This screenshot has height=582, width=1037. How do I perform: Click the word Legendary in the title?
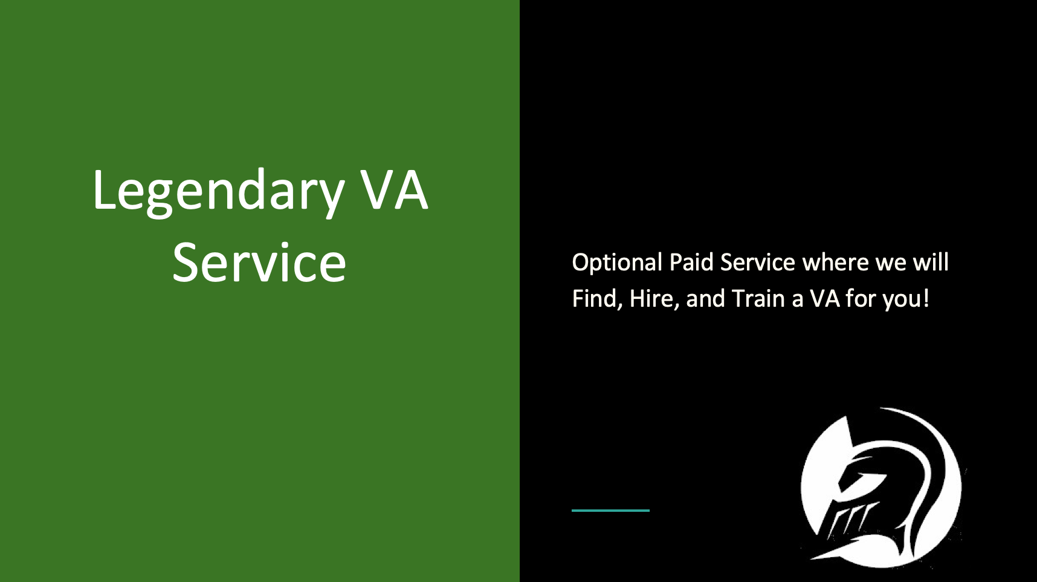(218, 192)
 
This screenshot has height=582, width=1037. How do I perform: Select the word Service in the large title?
(259, 263)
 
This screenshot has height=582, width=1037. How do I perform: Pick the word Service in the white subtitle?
(758, 262)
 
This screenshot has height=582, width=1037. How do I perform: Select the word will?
(931, 262)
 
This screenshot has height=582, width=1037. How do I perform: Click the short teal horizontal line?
(610, 511)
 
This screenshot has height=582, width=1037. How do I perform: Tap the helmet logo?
(882, 488)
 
